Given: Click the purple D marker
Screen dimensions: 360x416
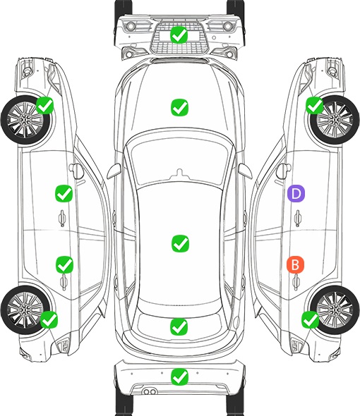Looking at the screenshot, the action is pyautogui.click(x=296, y=193).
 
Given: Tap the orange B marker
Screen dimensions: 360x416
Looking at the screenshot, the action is pyautogui.click(x=295, y=264).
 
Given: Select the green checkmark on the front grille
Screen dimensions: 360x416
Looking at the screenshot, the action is pyautogui.click(x=179, y=35).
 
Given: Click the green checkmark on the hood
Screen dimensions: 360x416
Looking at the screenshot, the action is pyautogui.click(x=179, y=107).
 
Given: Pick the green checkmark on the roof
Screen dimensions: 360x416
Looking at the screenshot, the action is pyautogui.click(x=181, y=243).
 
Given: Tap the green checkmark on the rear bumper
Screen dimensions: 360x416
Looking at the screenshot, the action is pyautogui.click(x=179, y=377).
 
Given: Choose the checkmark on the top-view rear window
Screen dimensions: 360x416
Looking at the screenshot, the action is pyautogui.click(x=179, y=326).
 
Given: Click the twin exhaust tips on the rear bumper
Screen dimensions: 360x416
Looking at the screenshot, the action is pyautogui.click(x=150, y=391).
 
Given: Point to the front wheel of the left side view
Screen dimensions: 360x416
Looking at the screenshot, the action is pyautogui.click(x=25, y=120).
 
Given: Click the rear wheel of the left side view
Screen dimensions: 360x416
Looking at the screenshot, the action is pyautogui.click(x=25, y=310).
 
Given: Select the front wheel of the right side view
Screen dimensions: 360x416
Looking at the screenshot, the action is pyautogui.click(x=335, y=120).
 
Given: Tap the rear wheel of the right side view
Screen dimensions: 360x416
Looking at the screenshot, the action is pyautogui.click(x=335, y=310).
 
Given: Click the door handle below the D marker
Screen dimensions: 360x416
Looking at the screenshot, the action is pyautogui.click(x=297, y=218).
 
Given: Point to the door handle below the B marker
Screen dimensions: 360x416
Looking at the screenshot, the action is pyautogui.click(x=296, y=282).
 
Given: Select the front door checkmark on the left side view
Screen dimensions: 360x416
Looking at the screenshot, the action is pyautogui.click(x=64, y=193).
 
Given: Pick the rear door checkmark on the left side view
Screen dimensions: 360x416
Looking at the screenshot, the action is pyautogui.click(x=64, y=264).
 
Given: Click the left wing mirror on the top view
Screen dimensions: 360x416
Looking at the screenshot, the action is pyautogui.click(x=114, y=171).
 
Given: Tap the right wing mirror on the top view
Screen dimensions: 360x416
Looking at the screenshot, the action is pyautogui.click(x=245, y=171).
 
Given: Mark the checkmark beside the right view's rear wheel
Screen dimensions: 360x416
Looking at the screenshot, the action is pyautogui.click(x=311, y=319).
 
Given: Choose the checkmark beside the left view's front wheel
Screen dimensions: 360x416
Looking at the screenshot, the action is pyautogui.click(x=44, y=105).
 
